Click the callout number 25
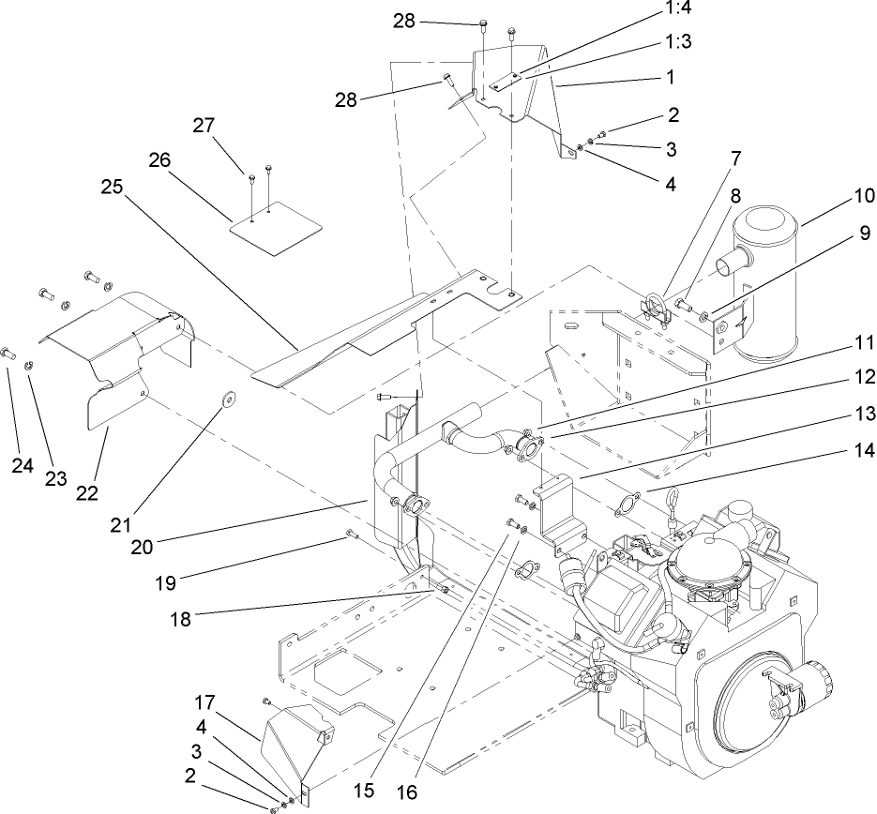(x=113, y=187)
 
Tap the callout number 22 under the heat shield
(x=86, y=492)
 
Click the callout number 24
(x=23, y=465)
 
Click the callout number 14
(x=863, y=450)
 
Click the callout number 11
(x=863, y=341)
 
